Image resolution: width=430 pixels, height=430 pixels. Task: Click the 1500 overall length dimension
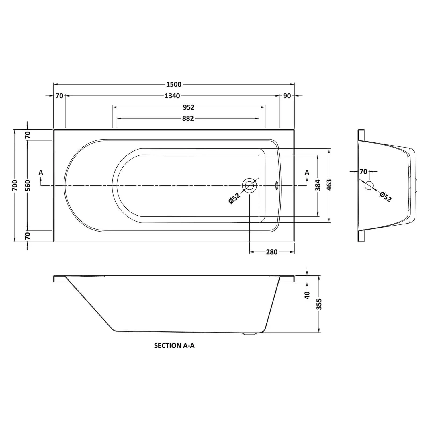click(174, 84)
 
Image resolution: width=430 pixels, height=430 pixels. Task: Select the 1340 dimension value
click(172, 96)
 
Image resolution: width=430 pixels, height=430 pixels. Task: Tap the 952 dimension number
click(188, 107)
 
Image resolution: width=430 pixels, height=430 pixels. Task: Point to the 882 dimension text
click(188, 118)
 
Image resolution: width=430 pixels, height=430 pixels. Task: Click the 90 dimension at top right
click(287, 96)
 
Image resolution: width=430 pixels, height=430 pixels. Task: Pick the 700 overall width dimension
click(15, 185)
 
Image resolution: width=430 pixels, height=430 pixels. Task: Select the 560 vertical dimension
click(28, 185)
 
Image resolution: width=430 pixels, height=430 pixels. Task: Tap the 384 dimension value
click(318, 185)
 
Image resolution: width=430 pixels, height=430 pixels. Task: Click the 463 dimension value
click(329, 185)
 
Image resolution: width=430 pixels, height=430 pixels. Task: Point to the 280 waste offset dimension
click(271, 252)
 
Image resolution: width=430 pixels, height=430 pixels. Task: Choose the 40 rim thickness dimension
click(307, 295)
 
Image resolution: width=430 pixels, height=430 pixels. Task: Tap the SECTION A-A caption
click(174, 346)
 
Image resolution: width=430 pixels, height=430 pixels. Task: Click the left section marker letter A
click(41, 172)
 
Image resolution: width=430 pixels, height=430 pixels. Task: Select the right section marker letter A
click(307, 172)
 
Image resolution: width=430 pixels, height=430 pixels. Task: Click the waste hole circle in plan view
click(249, 185)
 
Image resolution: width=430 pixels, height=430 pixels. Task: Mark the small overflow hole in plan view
click(277, 185)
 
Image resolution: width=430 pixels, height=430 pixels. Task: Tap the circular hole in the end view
click(369, 185)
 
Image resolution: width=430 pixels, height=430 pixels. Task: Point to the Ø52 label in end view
click(385, 197)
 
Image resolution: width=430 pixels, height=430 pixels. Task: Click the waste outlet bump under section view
click(250, 334)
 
